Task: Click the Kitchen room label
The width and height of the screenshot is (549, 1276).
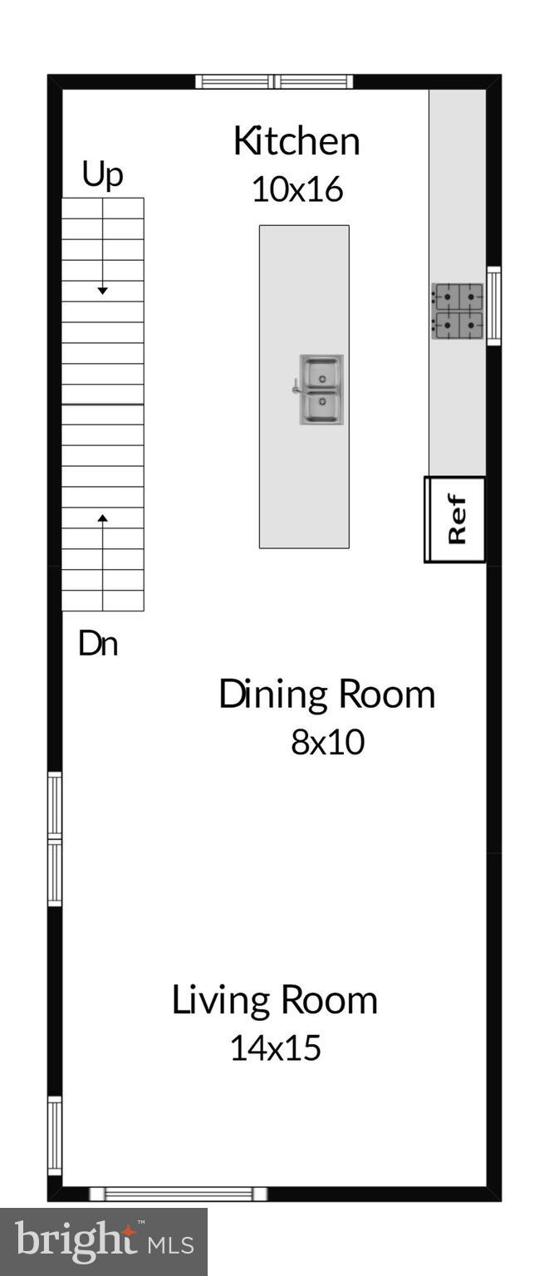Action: click(297, 142)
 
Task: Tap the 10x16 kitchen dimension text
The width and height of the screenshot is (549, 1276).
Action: click(297, 190)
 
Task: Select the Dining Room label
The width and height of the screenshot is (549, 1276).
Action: click(326, 694)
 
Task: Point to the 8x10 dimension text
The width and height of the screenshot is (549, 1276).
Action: click(327, 742)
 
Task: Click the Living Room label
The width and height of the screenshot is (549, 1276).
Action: click(274, 999)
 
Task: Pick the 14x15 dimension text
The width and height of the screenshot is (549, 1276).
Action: click(275, 1048)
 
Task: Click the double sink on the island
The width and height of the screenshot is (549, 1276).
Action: click(321, 390)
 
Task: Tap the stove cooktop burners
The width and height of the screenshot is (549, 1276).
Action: click(458, 311)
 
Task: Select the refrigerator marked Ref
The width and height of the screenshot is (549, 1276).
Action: click(455, 520)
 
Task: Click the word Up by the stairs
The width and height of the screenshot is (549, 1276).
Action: click(102, 175)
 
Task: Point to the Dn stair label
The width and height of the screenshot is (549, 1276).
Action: click(98, 645)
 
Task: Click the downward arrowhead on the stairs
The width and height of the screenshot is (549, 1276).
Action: click(102, 291)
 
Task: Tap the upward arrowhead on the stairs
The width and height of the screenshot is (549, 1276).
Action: click(103, 518)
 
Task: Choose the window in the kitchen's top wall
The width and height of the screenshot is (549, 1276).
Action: click(274, 81)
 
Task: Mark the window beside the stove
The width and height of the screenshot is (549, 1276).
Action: click(493, 305)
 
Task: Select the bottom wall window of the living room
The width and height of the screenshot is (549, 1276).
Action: click(179, 1194)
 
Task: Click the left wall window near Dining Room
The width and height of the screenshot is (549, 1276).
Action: click(55, 838)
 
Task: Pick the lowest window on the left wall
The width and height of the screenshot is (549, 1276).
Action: click(55, 1135)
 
